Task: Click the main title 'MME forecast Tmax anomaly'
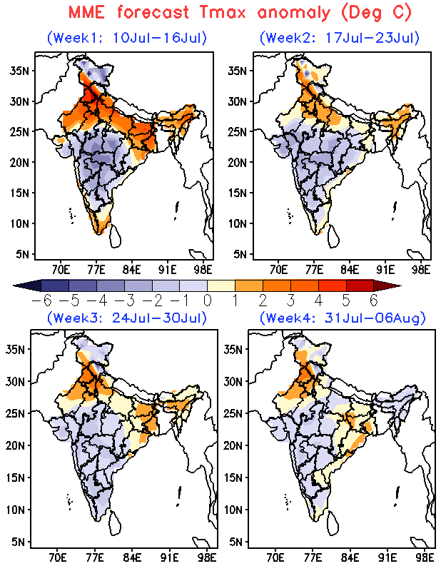(200, 12)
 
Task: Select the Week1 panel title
(127, 38)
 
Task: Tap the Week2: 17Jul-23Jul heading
(340, 38)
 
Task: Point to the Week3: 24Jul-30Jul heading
(127, 318)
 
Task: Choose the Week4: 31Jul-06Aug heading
(343, 318)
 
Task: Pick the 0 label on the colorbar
(207, 300)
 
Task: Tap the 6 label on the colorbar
(374, 300)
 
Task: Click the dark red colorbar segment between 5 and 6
(360, 285)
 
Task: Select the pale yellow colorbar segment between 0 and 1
(221, 285)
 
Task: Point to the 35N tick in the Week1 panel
(20, 70)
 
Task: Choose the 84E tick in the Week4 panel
(350, 557)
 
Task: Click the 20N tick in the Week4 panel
(233, 445)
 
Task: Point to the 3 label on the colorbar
(290, 300)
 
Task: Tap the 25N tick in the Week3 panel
(15, 413)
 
